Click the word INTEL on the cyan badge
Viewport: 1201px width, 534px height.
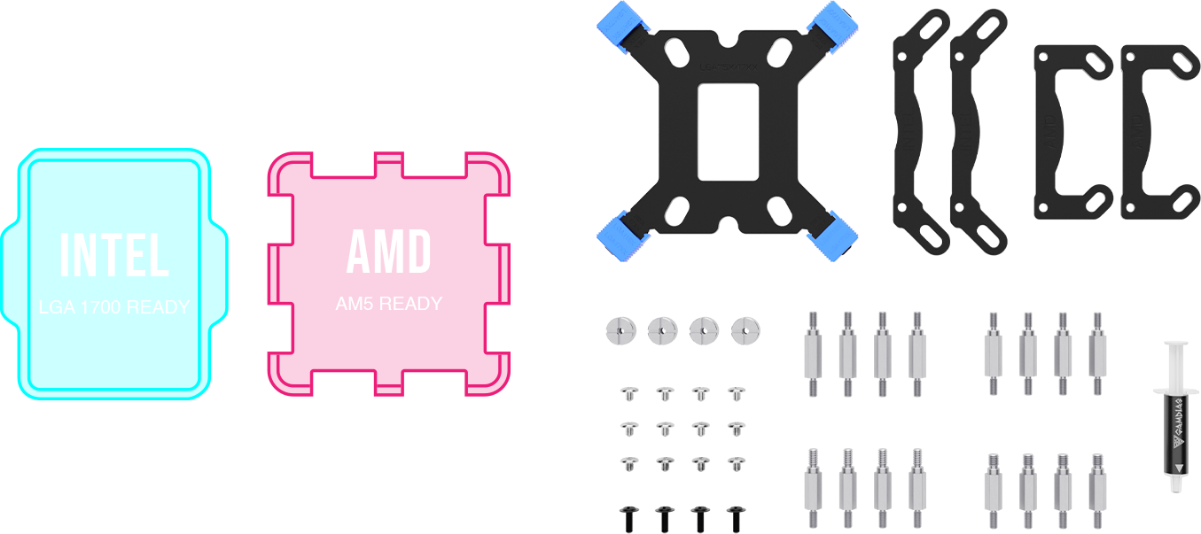[113, 256]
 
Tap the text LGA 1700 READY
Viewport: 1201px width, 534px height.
[113, 307]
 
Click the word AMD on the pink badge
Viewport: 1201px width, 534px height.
[388, 252]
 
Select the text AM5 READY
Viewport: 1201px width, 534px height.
[388, 304]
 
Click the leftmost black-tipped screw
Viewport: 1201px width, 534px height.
[626, 518]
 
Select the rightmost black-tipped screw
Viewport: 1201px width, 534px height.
[735, 518]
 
